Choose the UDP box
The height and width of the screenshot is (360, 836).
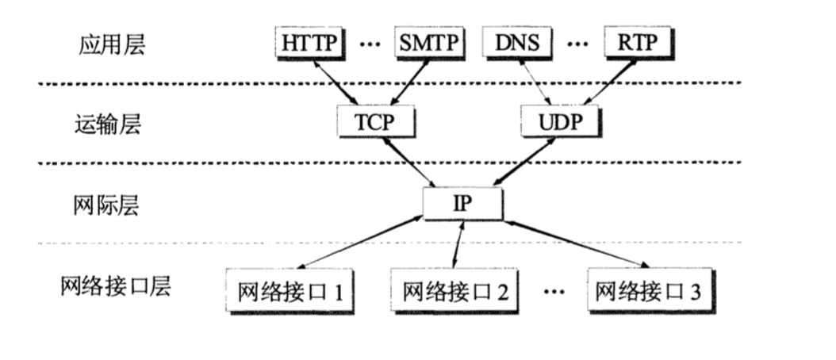[x=562, y=123]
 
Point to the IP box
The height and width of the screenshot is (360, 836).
[x=462, y=203]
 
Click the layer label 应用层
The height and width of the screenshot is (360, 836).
[x=112, y=45]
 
